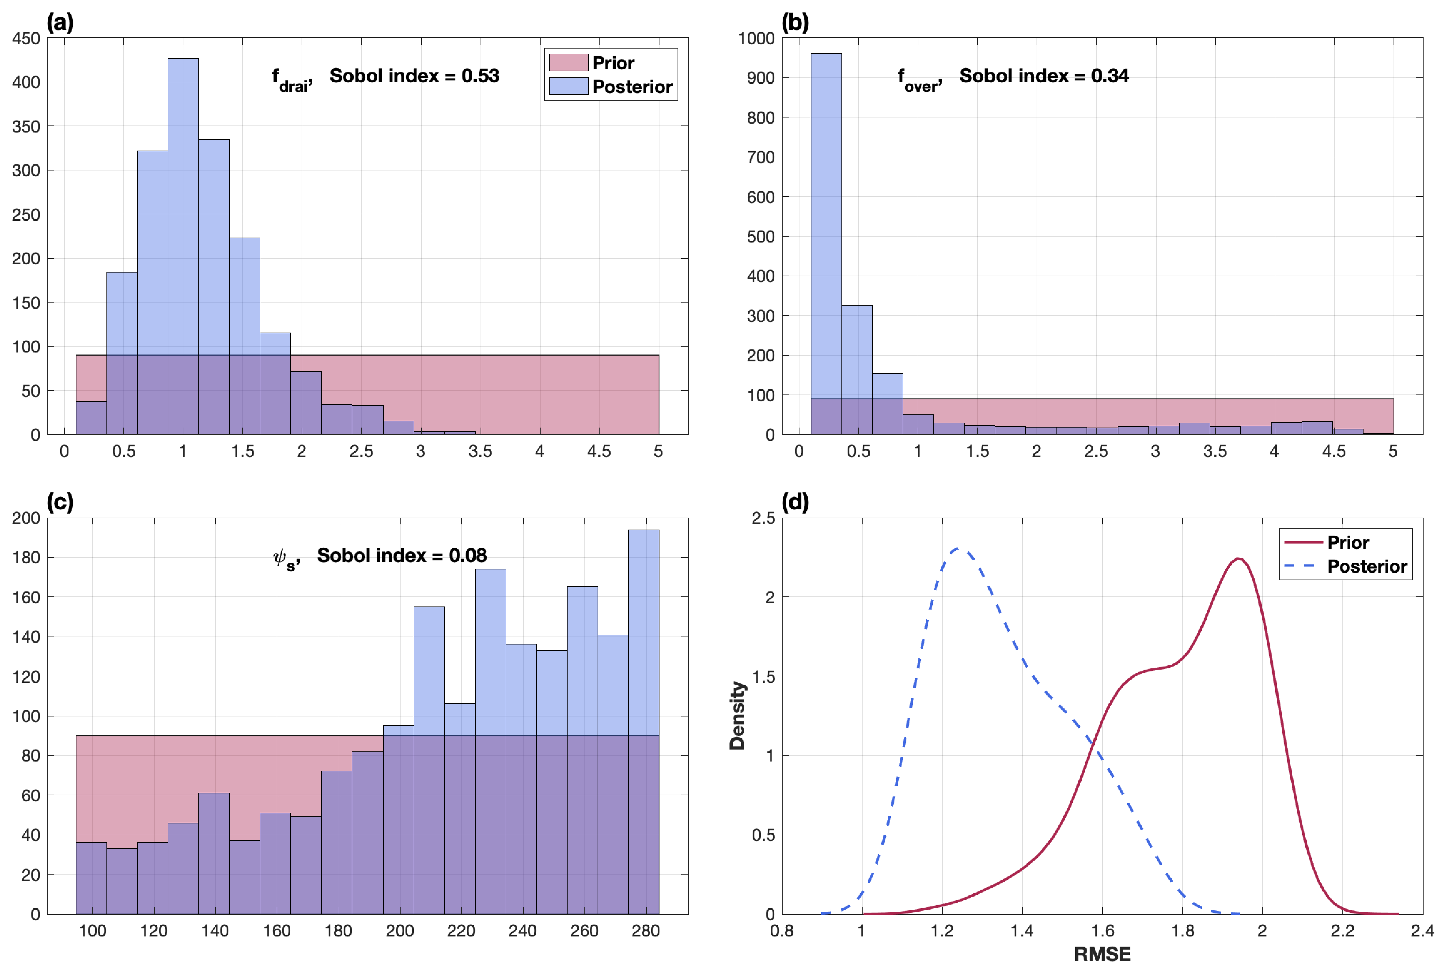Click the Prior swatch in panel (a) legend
coord(568,63)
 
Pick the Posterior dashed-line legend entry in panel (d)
coord(1345,567)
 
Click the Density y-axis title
coord(737,716)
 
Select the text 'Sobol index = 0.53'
coord(414,76)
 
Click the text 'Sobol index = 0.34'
coord(1044,76)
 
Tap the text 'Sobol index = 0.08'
coord(402,555)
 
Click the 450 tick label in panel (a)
coord(26,38)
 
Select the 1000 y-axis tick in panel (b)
coord(756,38)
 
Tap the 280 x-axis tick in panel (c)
coord(645,931)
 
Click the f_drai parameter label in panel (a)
coord(292,80)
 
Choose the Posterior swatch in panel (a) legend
coord(568,86)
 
